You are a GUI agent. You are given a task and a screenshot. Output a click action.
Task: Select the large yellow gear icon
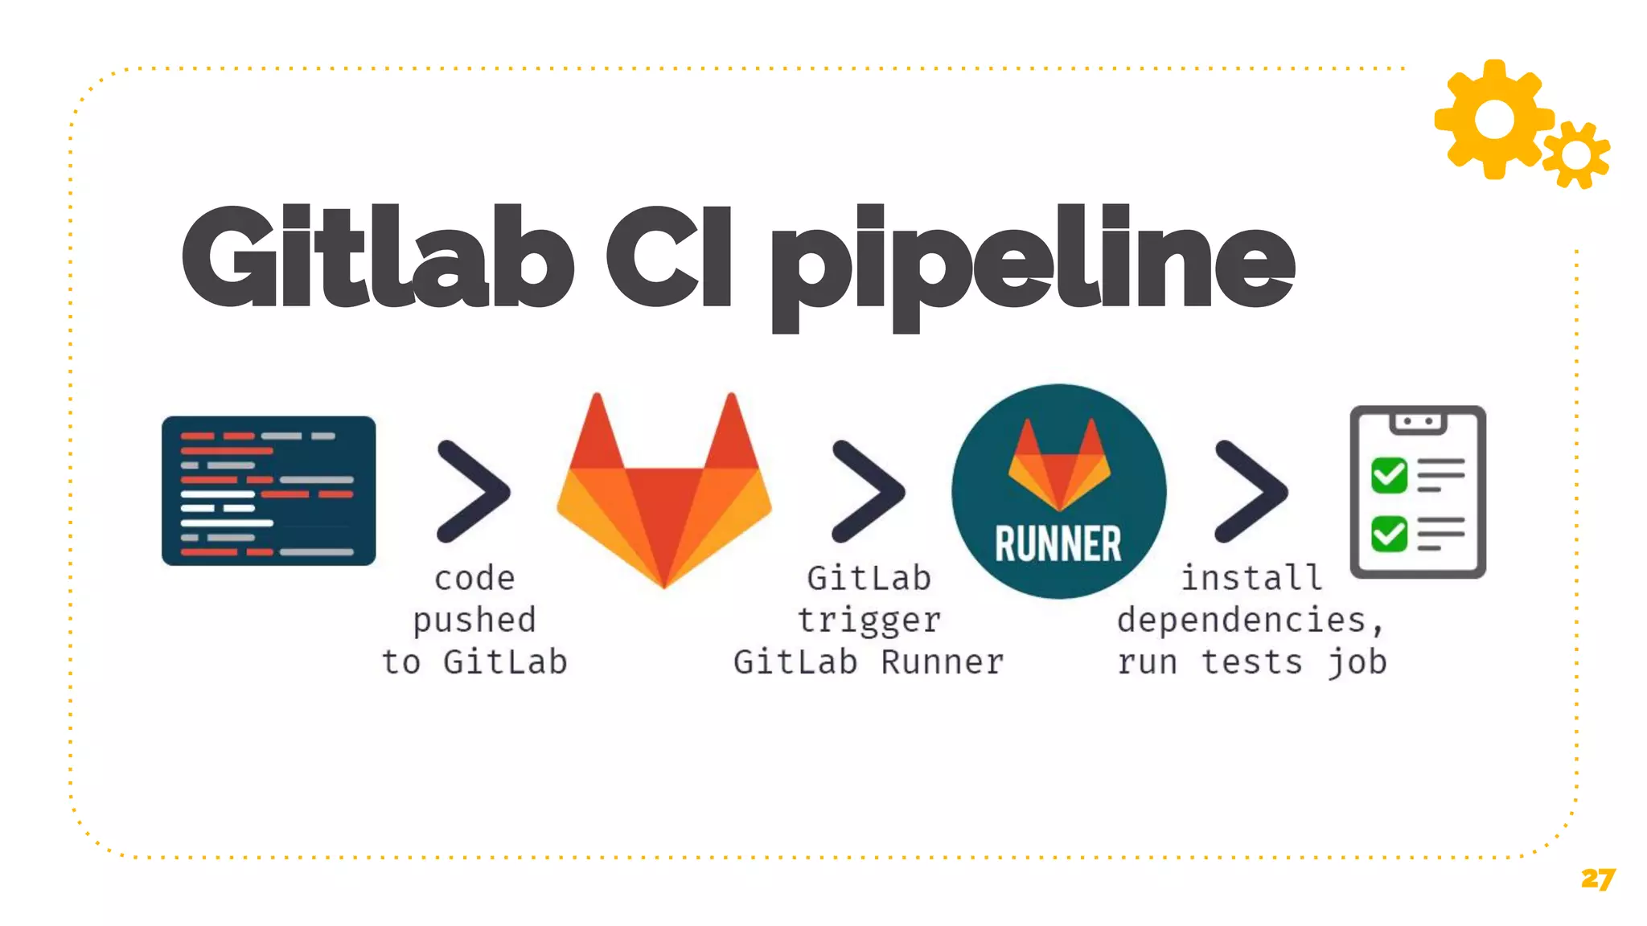tap(1493, 119)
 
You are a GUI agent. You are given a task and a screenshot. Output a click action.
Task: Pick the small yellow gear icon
tap(1576, 155)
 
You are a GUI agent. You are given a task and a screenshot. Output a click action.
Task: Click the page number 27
tap(1597, 879)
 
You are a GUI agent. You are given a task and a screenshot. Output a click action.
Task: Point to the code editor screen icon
tap(269, 490)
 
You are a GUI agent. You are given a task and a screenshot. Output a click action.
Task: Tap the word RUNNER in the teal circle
tap(1058, 544)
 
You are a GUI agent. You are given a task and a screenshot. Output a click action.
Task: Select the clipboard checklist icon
tap(1418, 492)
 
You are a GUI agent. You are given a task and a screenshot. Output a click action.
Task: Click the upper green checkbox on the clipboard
tap(1389, 475)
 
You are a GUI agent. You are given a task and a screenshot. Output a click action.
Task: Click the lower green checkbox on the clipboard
tap(1389, 534)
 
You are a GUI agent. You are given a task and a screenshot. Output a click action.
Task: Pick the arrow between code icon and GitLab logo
tap(473, 491)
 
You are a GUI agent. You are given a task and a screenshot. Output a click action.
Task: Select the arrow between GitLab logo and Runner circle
tap(868, 491)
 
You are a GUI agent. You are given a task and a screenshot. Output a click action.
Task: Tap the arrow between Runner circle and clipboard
tap(1251, 491)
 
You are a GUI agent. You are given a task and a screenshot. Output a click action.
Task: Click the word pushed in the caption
tap(474, 621)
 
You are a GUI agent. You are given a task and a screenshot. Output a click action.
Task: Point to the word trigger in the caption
tap(869, 621)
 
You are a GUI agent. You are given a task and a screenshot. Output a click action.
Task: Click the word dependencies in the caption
tap(1242, 621)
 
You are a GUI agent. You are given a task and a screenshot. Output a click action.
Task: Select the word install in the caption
tap(1251, 578)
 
